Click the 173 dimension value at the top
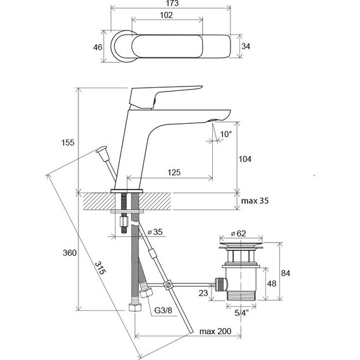(172, 3)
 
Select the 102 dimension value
(166, 15)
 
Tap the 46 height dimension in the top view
(97, 47)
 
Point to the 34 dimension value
(246, 46)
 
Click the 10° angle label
(226, 134)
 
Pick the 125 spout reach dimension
(174, 172)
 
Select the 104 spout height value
(245, 159)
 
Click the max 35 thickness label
(255, 201)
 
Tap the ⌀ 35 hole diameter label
(155, 232)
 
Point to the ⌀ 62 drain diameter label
(238, 234)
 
